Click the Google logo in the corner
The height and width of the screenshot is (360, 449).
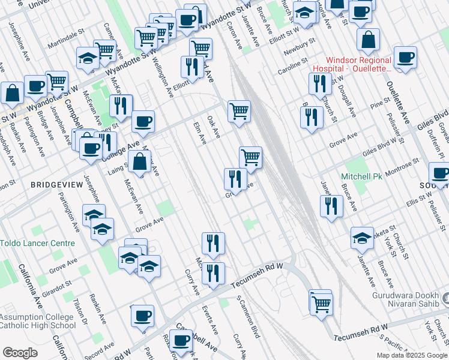(20, 353)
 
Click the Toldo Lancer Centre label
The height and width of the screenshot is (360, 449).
(37, 243)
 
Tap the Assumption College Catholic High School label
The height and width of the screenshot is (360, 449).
(37, 321)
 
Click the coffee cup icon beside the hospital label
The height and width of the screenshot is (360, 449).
(405, 58)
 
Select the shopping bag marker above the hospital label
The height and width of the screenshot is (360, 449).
(368, 40)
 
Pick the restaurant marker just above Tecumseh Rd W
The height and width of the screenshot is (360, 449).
(213, 273)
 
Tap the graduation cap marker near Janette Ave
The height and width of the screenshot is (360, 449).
(362, 239)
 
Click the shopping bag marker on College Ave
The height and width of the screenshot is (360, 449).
(140, 161)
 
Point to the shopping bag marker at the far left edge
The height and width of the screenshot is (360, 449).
(12, 93)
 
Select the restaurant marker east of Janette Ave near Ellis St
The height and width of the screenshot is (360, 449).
(331, 206)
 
